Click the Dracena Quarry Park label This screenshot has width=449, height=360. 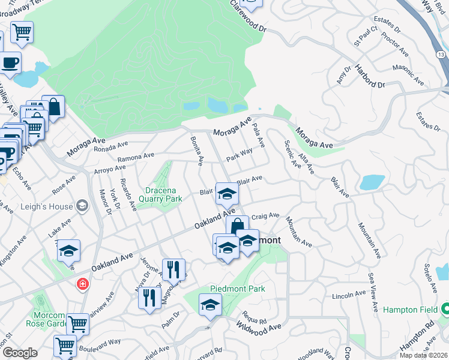pos(160,194)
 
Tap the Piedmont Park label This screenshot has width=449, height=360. pos(237,289)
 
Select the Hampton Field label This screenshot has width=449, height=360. pos(410,310)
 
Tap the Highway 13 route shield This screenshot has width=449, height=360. pos(441,55)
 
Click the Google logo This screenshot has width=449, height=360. pos(19,353)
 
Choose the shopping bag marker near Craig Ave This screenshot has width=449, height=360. pos(237,227)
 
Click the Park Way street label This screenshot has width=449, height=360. pos(239,155)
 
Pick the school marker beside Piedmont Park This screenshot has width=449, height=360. pos(209,305)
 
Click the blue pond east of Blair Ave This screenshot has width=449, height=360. pos(372,182)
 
